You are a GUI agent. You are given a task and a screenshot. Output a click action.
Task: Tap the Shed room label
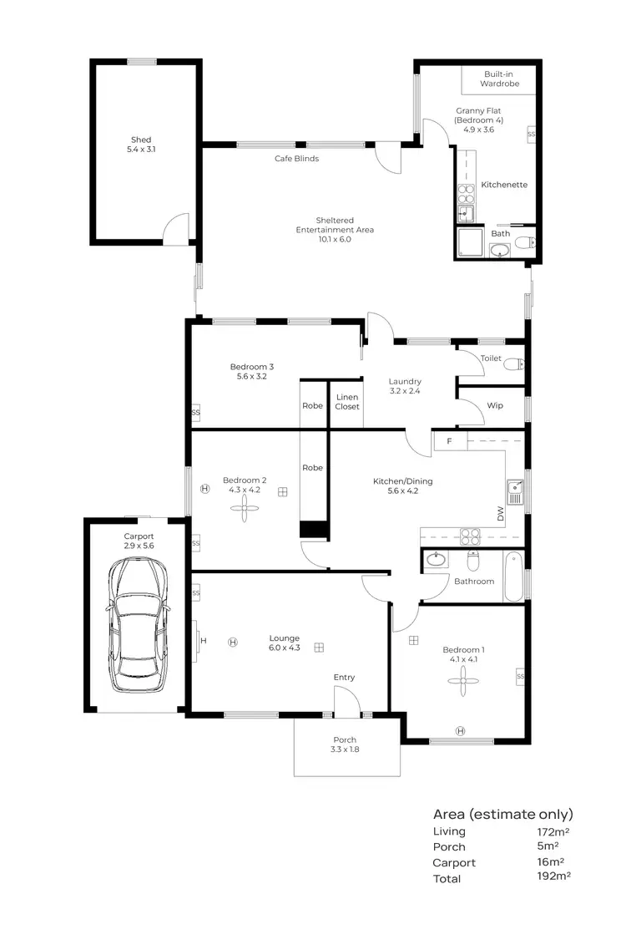(141, 145)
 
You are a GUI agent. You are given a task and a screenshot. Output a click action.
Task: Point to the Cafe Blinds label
(297, 159)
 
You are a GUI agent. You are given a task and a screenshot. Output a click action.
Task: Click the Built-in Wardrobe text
(499, 79)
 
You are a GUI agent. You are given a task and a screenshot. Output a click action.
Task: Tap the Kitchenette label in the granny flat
(504, 185)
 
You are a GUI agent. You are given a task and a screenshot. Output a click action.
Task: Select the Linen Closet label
(346, 402)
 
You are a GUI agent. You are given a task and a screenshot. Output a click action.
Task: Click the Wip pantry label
(494, 405)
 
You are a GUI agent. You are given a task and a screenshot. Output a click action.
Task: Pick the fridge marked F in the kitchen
(450, 440)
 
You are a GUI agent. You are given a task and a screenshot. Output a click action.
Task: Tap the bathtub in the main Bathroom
(513, 576)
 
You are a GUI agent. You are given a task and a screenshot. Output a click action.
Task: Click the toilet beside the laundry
(516, 363)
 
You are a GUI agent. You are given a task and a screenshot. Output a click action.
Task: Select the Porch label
(345, 744)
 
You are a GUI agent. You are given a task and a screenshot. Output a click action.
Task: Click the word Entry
(344, 677)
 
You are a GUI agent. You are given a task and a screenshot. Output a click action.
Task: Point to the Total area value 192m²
(554, 876)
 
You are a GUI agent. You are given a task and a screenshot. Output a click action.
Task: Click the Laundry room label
(405, 386)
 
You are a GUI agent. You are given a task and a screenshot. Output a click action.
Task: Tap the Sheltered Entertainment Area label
(334, 230)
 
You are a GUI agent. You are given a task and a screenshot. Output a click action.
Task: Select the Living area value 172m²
(554, 831)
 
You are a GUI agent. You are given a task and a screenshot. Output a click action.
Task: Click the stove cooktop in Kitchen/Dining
(470, 537)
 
